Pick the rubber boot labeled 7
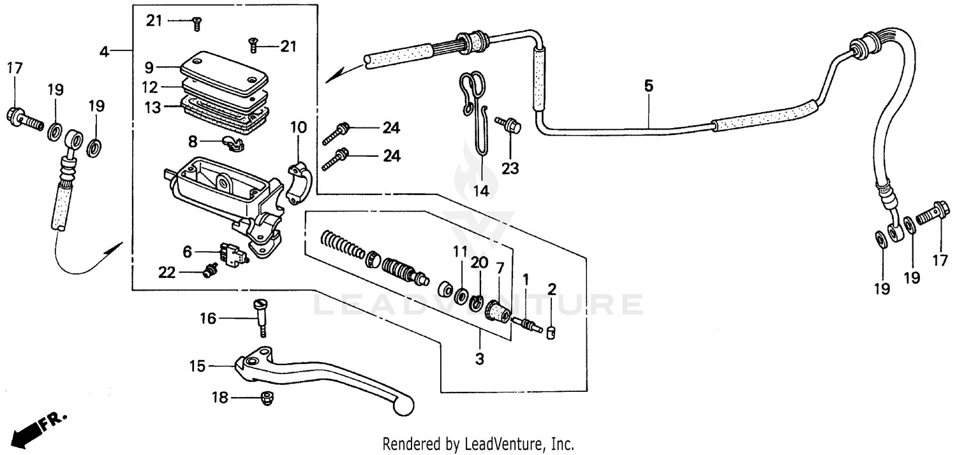[497, 312]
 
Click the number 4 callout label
[105, 50]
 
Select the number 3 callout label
[479, 359]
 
